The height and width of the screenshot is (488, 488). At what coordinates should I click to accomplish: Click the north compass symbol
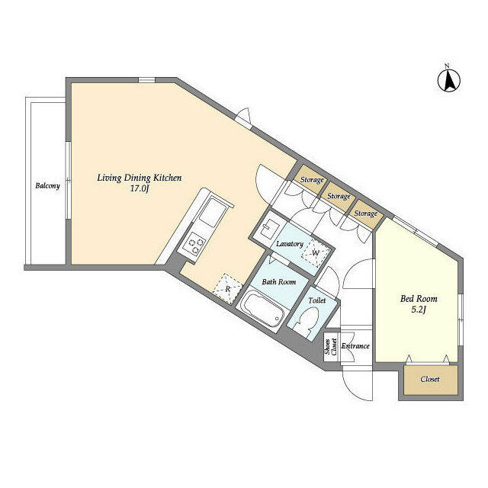tap(449, 81)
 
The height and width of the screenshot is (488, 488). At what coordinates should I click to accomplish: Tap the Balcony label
tap(47, 186)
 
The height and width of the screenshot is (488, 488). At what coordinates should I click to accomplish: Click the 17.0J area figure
tap(139, 189)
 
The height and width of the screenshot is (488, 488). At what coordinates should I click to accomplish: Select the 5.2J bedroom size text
tap(419, 310)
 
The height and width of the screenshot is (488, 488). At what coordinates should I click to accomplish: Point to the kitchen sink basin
tap(213, 213)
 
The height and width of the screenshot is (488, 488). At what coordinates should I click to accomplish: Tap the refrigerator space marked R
tap(227, 289)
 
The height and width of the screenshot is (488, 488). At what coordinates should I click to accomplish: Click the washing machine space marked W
tap(316, 252)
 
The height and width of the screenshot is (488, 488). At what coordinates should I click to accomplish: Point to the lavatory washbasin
tap(268, 228)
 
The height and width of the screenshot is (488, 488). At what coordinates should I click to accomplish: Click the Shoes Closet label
tap(330, 347)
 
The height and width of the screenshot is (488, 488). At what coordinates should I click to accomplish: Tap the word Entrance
tap(355, 346)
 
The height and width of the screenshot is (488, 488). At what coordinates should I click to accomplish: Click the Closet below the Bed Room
tap(431, 380)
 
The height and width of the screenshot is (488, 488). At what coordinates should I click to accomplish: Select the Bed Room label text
tap(419, 299)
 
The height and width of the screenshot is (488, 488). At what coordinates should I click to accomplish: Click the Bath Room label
tap(279, 282)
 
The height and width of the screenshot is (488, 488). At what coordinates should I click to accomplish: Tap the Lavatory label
tap(290, 244)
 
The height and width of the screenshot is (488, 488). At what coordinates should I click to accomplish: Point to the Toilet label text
tap(317, 300)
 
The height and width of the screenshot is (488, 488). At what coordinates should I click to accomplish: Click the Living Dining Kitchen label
tap(139, 178)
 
